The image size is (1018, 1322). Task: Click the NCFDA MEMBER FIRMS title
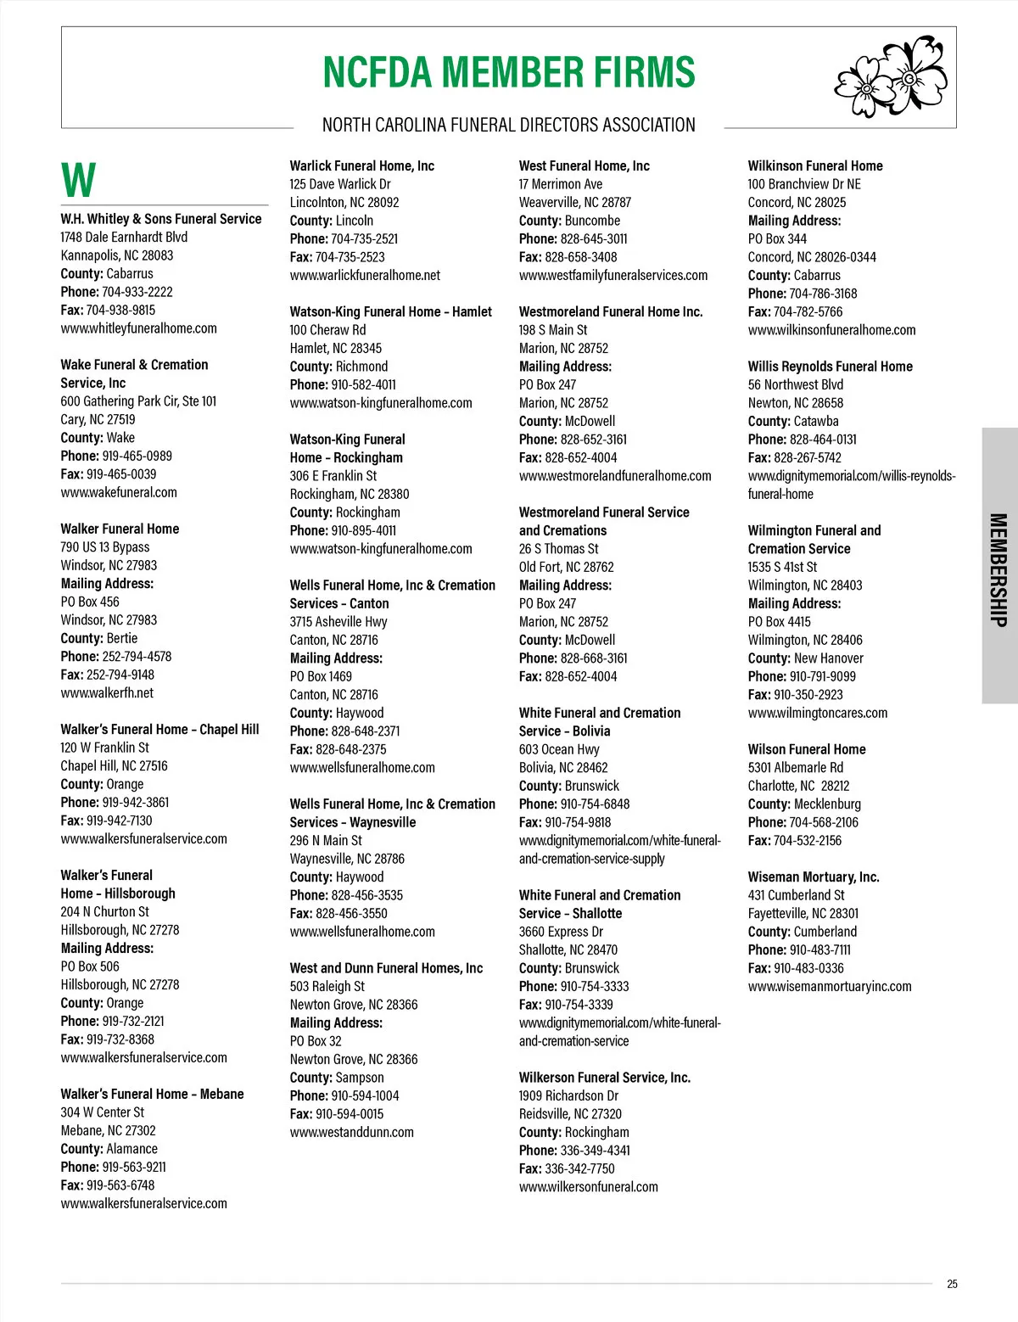click(x=509, y=72)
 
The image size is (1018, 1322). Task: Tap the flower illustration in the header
click(x=891, y=76)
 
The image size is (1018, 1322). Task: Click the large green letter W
click(x=78, y=180)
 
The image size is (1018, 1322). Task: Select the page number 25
click(x=952, y=1284)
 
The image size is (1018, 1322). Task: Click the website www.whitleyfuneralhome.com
click(x=138, y=328)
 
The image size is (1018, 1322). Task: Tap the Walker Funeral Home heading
click(x=120, y=529)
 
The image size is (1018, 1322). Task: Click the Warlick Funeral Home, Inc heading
click(x=361, y=165)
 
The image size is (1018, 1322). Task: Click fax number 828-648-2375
click(x=350, y=749)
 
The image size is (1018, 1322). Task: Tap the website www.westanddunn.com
click(x=351, y=1132)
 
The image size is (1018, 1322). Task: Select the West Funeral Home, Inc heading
click(x=584, y=165)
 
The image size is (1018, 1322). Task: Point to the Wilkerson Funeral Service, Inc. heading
click(x=604, y=1078)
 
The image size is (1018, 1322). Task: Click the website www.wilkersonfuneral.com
click(x=588, y=1187)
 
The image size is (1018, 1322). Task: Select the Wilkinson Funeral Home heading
click(x=814, y=165)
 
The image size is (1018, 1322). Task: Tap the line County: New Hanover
click(x=805, y=658)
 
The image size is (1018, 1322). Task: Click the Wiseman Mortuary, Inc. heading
click(x=813, y=877)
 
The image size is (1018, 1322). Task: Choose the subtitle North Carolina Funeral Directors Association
click(x=508, y=125)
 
